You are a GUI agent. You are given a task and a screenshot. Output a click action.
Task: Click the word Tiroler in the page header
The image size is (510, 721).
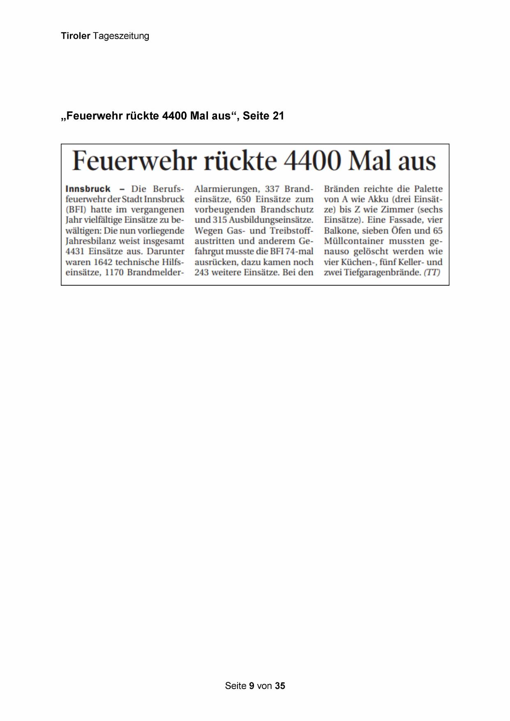(x=75, y=36)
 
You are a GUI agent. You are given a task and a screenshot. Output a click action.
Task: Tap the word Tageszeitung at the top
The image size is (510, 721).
(x=121, y=36)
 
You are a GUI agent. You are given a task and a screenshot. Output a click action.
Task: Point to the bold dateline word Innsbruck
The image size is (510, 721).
(x=88, y=189)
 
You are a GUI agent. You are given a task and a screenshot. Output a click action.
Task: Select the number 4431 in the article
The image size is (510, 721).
(x=75, y=252)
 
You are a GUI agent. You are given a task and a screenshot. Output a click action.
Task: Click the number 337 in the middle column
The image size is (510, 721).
(x=272, y=189)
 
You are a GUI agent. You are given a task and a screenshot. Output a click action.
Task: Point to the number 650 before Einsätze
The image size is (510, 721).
(x=244, y=199)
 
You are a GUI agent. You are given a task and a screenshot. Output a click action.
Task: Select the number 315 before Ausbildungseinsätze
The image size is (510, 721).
(x=220, y=220)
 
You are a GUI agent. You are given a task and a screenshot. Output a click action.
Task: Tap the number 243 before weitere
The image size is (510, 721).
(x=202, y=273)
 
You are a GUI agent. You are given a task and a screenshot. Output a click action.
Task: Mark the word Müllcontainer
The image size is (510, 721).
(x=354, y=241)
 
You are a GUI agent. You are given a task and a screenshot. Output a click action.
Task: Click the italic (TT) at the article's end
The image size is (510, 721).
(x=432, y=273)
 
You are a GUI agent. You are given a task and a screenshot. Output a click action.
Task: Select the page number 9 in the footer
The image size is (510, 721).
(x=252, y=686)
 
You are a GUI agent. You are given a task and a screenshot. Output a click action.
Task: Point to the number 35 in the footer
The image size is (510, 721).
(x=280, y=686)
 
